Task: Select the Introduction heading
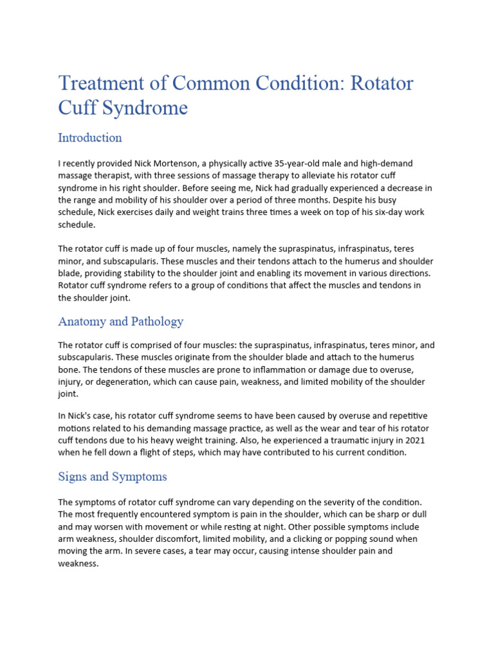(x=89, y=138)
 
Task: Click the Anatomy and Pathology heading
(x=120, y=321)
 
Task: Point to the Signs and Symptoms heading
(x=112, y=477)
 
